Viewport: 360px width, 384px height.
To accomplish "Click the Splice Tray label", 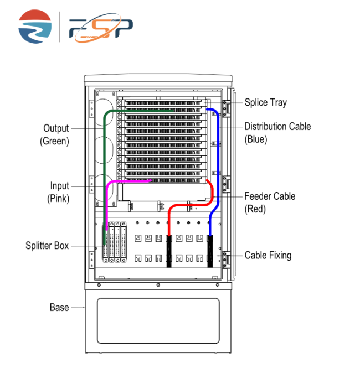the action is coord(266,103).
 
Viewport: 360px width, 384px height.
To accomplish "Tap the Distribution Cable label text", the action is coord(277,127).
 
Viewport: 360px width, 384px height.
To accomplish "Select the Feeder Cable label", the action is coord(270,196).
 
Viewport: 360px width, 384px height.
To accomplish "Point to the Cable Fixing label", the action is coord(268,255).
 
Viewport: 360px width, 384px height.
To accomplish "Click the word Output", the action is coord(56,128).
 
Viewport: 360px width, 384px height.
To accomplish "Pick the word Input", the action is coord(60,186).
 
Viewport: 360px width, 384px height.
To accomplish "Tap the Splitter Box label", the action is coord(47,246).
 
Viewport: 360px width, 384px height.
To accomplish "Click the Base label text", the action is coord(59,307).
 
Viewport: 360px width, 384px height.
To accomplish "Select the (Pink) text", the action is coord(58,199).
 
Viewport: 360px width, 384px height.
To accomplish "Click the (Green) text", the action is coord(54,141).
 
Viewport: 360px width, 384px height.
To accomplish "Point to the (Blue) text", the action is coord(256,139).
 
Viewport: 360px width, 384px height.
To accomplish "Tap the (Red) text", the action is coord(255,209).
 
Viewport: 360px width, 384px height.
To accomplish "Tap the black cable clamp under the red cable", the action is coord(169,251).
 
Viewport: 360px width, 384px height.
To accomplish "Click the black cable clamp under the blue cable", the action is coord(210,251).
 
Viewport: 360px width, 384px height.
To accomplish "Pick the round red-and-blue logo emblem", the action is coord(35,27).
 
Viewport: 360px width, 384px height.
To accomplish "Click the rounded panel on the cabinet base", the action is coord(158,321).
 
